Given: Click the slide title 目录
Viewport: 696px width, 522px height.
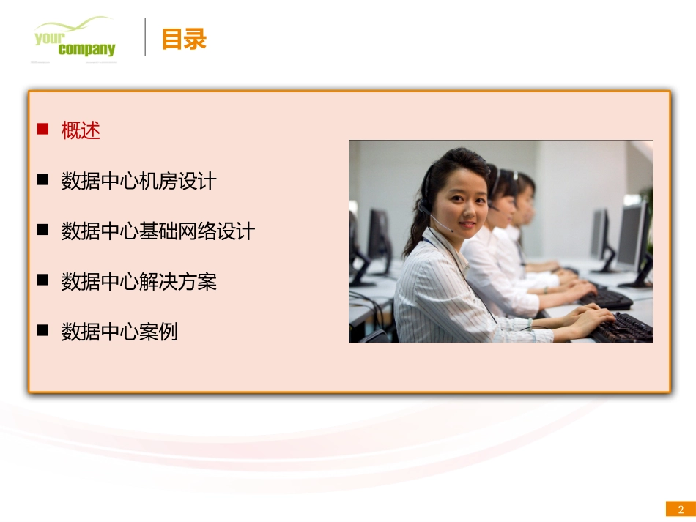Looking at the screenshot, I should [184, 39].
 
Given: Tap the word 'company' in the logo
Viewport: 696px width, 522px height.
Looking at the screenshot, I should [86, 50].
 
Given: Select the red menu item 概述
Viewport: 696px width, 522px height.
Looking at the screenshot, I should [81, 130].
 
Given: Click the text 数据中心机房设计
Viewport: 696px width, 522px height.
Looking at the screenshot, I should [138, 181].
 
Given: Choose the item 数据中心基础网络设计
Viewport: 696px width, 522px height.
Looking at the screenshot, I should [158, 231].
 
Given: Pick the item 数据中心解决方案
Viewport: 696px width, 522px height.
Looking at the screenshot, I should [138, 281].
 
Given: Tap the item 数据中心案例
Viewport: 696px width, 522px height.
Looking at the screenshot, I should [119, 332].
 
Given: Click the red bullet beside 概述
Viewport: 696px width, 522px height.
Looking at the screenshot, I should [43, 130].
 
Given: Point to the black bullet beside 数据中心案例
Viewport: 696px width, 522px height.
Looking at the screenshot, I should [43, 331].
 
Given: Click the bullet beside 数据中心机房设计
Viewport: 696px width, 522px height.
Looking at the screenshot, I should [43, 180].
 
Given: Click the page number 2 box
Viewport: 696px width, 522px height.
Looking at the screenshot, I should [680, 510].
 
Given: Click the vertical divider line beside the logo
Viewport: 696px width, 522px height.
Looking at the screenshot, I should [145, 37].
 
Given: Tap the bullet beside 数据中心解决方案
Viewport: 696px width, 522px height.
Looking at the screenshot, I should [43, 280].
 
